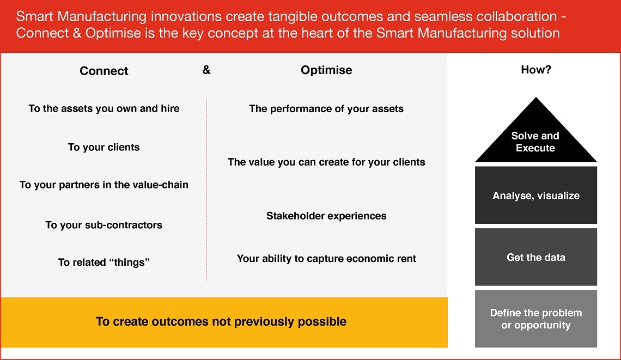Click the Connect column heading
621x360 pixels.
(x=104, y=71)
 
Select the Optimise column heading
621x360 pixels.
(x=326, y=70)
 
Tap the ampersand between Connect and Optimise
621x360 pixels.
(x=206, y=70)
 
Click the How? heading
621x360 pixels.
(x=535, y=70)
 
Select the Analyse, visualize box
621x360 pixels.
(x=535, y=196)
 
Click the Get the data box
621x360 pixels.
(x=535, y=257)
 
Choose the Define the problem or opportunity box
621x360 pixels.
(x=535, y=319)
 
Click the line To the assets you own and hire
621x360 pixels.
(x=104, y=108)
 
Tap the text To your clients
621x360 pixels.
(x=104, y=147)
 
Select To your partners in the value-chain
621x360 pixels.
(x=104, y=185)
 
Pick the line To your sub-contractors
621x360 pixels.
(x=104, y=225)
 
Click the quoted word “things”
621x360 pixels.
(x=129, y=263)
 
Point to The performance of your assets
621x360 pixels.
(x=326, y=108)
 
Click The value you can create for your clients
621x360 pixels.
(x=326, y=162)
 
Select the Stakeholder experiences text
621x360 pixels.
(x=326, y=216)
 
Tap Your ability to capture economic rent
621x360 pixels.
(x=326, y=258)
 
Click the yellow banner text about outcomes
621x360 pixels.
(x=221, y=321)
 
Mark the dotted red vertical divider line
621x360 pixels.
(x=206, y=191)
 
